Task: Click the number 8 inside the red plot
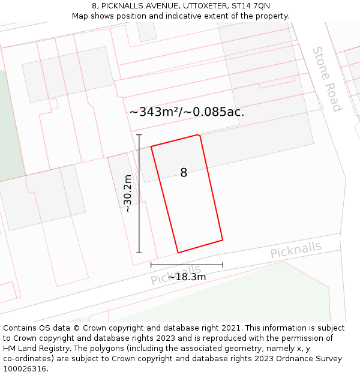point(184,173)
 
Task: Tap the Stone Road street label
point(327,79)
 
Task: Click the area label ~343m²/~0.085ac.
point(187,112)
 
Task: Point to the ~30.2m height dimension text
point(127,193)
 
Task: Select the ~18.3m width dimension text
point(187,277)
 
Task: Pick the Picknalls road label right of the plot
point(295,250)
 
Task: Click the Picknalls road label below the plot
point(175,275)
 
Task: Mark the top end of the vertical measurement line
point(139,135)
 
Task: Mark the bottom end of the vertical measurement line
point(139,253)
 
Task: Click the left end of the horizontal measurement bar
point(151,264)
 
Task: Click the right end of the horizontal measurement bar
point(223,264)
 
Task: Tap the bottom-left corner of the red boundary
point(178,253)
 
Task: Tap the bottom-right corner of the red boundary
point(223,240)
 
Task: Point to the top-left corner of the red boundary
point(151,146)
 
